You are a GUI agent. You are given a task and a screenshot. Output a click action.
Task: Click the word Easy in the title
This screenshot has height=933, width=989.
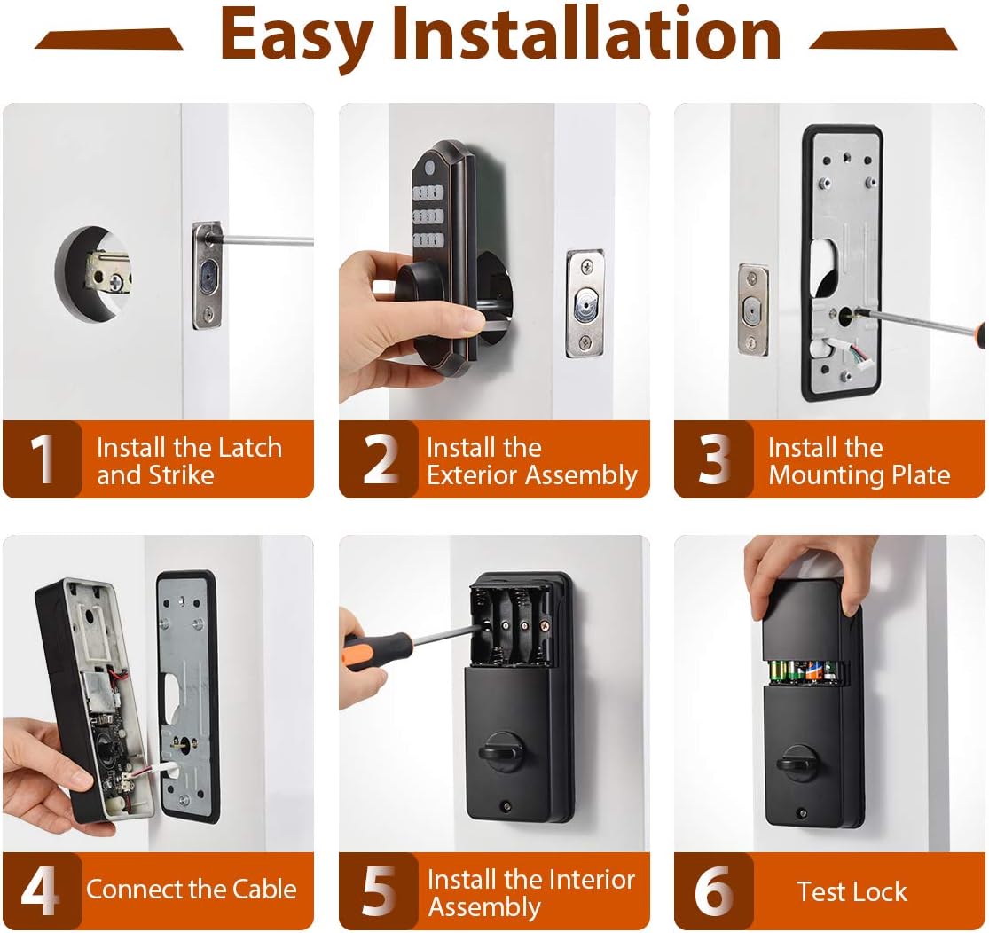[x=298, y=35]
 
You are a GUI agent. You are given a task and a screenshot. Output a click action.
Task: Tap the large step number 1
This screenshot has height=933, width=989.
[x=42, y=459]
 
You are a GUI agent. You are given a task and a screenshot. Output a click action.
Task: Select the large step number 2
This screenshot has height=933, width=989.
[x=380, y=459]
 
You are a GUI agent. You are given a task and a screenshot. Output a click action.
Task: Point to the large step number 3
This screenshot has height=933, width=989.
[x=714, y=459]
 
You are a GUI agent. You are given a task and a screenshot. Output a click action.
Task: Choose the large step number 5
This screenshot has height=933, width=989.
[x=380, y=891]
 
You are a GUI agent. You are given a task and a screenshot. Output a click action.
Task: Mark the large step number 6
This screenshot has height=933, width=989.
[x=714, y=891]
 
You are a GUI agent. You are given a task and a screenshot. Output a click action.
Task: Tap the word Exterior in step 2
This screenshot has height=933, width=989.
[x=474, y=474]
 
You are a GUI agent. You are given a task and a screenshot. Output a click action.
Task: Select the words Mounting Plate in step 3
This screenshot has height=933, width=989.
[x=859, y=474]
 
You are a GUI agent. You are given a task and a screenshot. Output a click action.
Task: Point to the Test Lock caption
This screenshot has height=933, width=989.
[x=852, y=891]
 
